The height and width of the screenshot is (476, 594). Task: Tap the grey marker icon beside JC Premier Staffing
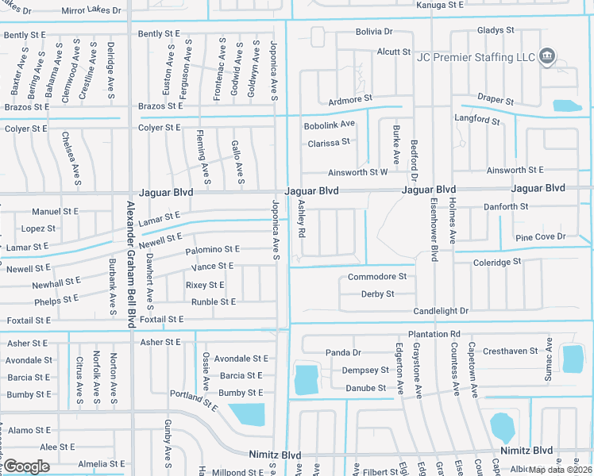[546, 57]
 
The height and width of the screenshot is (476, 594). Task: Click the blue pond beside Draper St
[567, 106]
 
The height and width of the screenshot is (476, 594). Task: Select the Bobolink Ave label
[329, 125]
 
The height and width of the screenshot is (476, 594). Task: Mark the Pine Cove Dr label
[540, 236]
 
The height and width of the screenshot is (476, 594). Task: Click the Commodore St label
[377, 277]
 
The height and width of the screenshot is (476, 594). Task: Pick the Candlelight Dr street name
[441, 311]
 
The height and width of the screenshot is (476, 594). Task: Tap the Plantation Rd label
[434, 334]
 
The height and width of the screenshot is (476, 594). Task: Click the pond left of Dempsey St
[307, 379]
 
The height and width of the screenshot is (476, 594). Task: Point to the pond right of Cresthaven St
[572, 358]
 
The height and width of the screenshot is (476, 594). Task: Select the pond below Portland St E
[247, 413]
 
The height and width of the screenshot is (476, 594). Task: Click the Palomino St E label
[212, 249]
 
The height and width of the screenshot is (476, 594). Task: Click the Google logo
[26, 466]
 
